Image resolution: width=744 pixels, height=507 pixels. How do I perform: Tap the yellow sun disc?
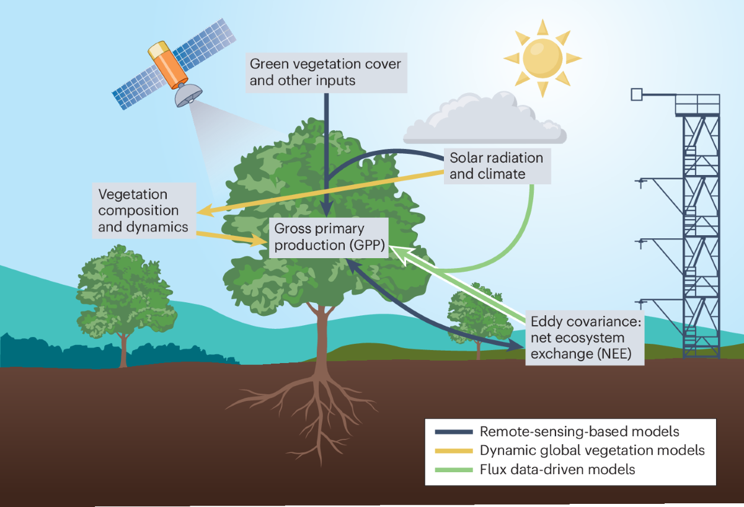point(542,58)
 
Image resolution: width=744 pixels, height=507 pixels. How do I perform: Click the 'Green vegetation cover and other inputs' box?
point(325,72)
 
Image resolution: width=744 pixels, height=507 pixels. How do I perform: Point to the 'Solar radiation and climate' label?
point(497,166)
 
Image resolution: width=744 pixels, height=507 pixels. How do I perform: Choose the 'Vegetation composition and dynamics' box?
point(143,210)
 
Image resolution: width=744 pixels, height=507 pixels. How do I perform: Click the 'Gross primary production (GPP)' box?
point(329,236)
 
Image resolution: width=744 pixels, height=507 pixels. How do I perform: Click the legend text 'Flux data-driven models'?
point(557,469)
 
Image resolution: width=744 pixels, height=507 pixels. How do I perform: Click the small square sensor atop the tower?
point(636,94)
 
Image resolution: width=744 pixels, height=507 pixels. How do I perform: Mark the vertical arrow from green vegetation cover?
point(326,155)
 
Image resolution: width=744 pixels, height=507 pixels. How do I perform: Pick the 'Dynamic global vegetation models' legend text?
point(592,451)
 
